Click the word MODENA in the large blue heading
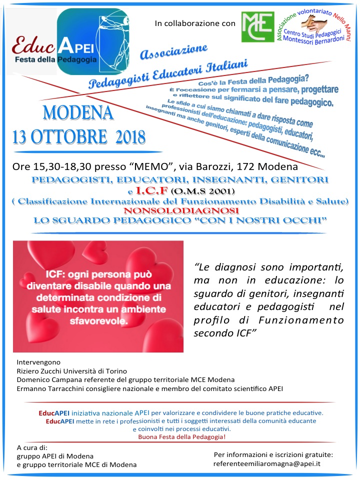coord(78,113)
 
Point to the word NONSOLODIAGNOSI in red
coord(173,211)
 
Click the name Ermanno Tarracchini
coord(52,388)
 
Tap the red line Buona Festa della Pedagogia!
coord(182,437)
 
